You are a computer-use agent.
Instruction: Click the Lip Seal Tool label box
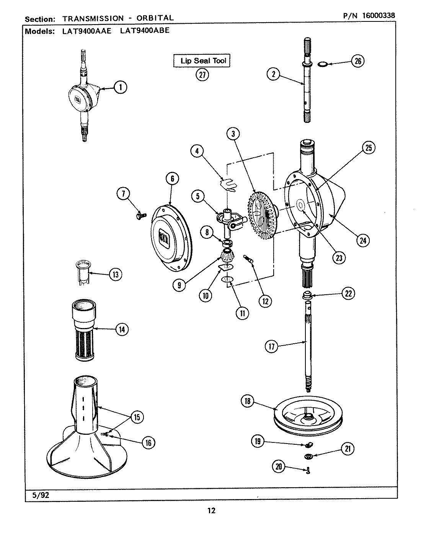(x=202, y=60)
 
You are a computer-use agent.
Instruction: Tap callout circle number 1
(x=121, y=88)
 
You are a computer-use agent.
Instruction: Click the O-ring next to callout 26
(x=323, y=62)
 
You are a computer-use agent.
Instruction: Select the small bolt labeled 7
(x=139, y=217)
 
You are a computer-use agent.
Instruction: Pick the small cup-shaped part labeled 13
(x=83, y=271)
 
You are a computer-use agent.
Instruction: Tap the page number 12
(x=211, y=510)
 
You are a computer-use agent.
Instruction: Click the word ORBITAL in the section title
(x=156, y=18)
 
